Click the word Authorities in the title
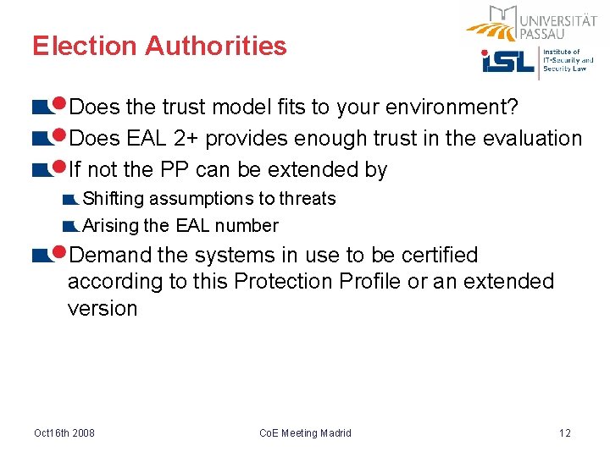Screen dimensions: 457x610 216,46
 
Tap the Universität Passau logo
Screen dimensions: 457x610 532,24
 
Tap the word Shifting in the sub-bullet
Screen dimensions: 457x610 113,199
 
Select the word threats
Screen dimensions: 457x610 308,199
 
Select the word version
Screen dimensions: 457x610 102,308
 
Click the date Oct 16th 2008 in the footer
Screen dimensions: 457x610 64,433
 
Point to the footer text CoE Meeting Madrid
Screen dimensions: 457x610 305,433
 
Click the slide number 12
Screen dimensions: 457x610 565,433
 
